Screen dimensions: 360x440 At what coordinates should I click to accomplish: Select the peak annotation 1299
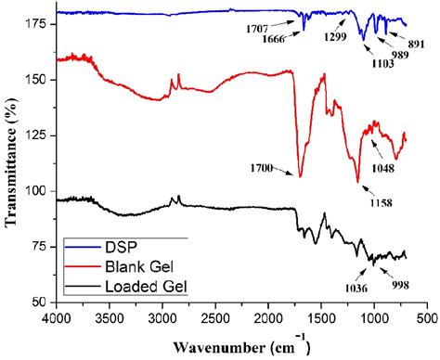tap(335, 37)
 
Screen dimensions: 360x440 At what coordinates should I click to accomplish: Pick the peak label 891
tap(415, 43)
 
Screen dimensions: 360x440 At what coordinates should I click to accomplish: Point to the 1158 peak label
tap(379, 202)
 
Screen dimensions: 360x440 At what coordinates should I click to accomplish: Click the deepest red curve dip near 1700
tap(300, 175)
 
